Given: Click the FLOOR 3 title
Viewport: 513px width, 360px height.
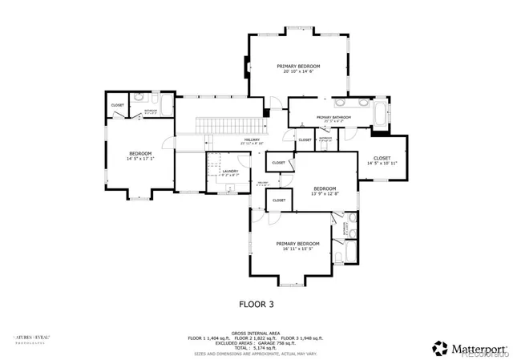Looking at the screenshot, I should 256,304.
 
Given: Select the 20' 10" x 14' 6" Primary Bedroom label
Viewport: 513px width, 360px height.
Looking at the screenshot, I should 299,68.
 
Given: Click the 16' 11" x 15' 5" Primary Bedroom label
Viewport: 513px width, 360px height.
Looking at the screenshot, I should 298,246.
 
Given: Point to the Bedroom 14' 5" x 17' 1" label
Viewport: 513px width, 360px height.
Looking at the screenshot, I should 140,156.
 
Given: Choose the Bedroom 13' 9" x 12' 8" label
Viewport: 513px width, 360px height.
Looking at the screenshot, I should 325,191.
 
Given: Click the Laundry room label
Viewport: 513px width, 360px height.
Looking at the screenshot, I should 230,172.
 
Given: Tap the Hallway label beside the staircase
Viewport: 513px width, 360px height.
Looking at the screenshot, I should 252,141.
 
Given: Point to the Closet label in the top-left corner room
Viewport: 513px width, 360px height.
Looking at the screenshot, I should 118,105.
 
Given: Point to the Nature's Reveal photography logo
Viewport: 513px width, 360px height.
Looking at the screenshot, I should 29,340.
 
